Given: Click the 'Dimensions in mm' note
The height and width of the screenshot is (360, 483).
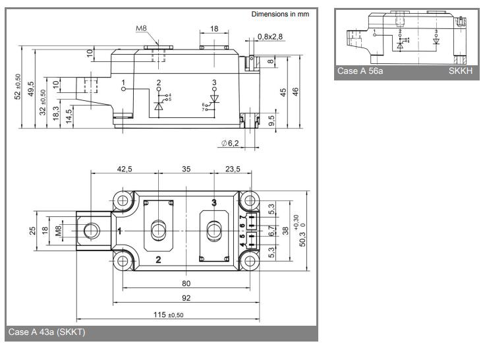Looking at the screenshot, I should click(x=280, y=14).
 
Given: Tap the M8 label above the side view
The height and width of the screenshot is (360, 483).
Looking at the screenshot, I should click(x=142, y=28).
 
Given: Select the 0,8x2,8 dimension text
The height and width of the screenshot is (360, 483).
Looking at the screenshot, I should click(x=270, y=37).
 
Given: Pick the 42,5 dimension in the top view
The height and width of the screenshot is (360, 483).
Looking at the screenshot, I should click(x=125, y=169).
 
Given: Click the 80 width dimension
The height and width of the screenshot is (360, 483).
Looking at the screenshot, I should click(x=186, y=284).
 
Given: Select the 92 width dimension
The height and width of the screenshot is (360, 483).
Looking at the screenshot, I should click(x=186, y=298).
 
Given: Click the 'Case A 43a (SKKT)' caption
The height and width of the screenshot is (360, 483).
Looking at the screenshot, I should click(x=47, y=332).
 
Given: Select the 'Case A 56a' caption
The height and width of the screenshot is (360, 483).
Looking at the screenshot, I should click(x=359, y=71).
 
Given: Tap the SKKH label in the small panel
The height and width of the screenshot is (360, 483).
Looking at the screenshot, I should click(x=461, y=71).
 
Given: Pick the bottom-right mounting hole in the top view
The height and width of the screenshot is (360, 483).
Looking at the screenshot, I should click(x=250, y=261).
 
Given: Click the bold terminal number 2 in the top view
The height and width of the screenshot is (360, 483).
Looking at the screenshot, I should click(x=158, y=259).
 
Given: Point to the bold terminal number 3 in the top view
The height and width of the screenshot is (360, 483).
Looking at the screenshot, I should click(x=213, y=202).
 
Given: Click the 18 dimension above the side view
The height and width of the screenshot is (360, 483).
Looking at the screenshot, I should click(x=214, y=29).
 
